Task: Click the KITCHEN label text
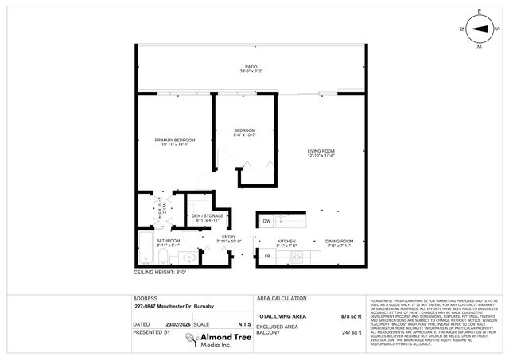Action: (286, 241)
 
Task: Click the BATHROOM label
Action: (168, 241)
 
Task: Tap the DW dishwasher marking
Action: (267, 220)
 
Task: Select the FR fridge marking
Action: (266, 257)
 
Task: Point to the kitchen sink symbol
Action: (280, 220)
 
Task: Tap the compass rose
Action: (480, 32)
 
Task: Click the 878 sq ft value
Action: (351, 316)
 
